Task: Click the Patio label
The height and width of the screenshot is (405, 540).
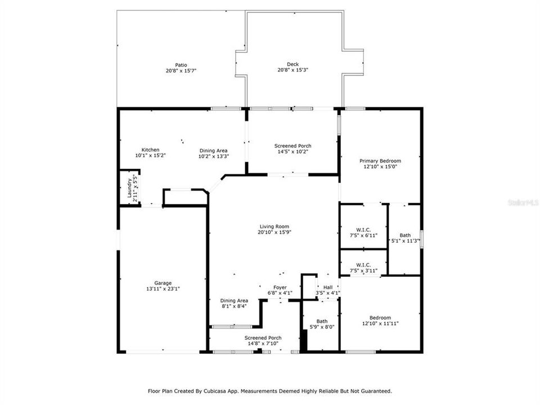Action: (181, 65)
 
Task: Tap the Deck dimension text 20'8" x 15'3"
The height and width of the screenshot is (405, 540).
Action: (292, 70)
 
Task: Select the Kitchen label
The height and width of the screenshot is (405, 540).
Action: (142, 150)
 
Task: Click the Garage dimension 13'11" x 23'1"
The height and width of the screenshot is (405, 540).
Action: (164, 289)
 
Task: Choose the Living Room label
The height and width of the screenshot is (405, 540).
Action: (274, 226)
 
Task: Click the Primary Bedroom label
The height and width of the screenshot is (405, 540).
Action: (380, 161)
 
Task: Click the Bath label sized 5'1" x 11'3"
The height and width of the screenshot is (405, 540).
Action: (405, 235)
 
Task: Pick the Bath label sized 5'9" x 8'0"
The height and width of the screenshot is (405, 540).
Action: (322, 321)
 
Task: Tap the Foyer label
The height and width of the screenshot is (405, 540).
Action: (280, 287)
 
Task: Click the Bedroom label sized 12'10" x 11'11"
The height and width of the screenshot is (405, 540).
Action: (380, 317)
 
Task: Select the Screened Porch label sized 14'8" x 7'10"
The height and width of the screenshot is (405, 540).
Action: (263, 337)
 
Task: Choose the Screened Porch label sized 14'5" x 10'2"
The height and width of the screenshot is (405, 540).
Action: (292, 146)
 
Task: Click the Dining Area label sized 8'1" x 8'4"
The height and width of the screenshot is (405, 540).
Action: (234, 300)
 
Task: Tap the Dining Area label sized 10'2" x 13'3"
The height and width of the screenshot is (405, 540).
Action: (213, 150)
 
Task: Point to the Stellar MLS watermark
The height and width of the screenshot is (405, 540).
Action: (522, 201)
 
